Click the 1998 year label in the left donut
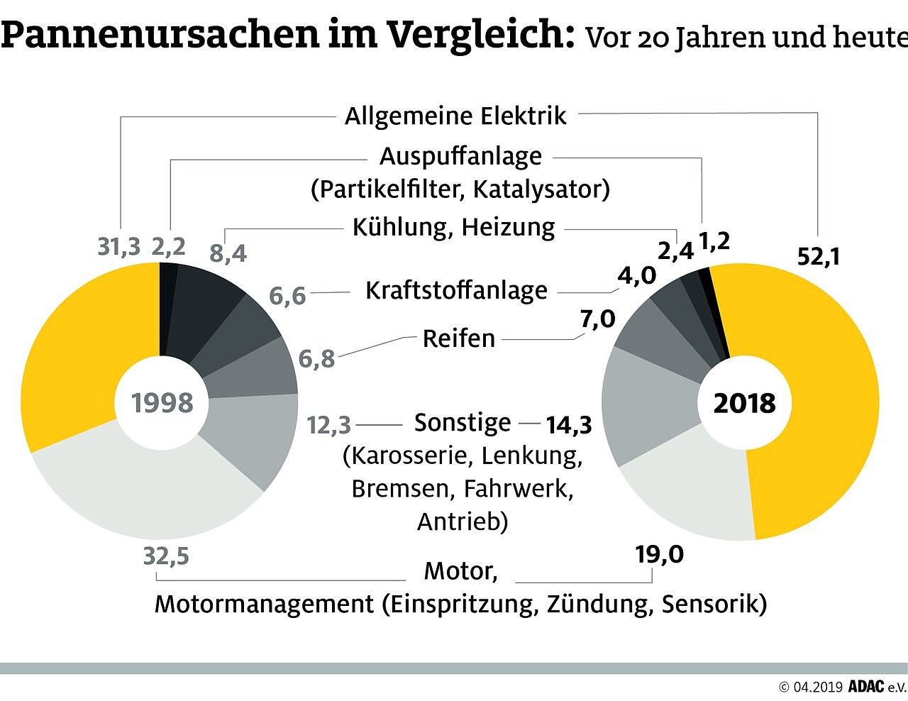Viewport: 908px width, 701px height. [162, 403]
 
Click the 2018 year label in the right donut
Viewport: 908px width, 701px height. [744, 403]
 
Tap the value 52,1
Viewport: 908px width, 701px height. [818, 256]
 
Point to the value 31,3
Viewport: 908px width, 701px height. [118, 247]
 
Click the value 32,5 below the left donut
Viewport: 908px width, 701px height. [166, 556]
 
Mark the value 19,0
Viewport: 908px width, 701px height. [659, 554]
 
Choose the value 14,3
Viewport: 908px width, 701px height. [568, 425]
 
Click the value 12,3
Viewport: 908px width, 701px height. [329, 425]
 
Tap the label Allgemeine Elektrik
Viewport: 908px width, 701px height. [455, 116]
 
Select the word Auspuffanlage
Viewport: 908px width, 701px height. [460, 156]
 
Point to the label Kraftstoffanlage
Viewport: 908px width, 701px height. [456, 290]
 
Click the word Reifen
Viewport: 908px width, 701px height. [459, 338]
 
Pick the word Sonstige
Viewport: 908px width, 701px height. [463, 422]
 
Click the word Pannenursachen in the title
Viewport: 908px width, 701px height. [160, 35]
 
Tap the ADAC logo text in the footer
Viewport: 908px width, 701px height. [867, 686]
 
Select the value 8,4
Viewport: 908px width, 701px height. [228, 253]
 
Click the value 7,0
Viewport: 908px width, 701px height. [597, 319]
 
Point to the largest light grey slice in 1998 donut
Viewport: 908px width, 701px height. [142, 497]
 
